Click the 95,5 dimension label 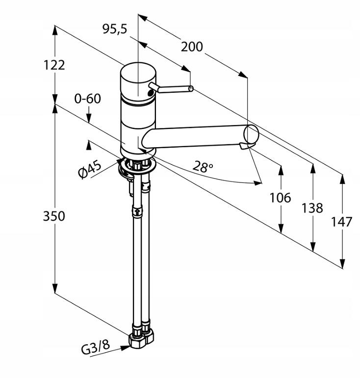coord(114,29)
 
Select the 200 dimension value coord(191,47)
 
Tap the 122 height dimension coord(53,65)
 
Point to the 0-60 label coord(87,99)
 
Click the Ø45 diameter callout coord(90,169)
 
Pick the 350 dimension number coord(53,215)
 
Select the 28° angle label coord(203,166)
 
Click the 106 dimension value coord(280,198)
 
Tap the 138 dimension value coord(312,208)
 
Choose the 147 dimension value coord(342,222)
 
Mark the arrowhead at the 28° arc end coord(258,183)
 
